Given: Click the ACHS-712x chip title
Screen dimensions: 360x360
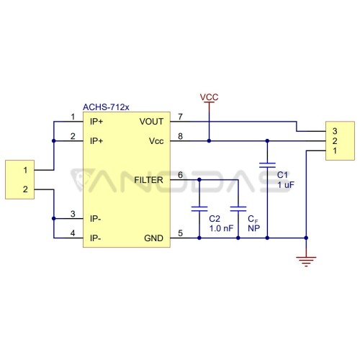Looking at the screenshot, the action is (x=106, y=107).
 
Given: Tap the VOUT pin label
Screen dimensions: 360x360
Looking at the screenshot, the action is (x=151, y=122).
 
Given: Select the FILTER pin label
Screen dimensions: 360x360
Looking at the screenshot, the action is (x=148, y=180).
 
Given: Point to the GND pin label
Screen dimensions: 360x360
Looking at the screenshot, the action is (x=153, y=238).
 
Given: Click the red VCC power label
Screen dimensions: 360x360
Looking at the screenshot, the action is (x=209, y=97).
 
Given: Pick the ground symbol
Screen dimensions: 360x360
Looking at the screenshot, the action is (x=306, y=261).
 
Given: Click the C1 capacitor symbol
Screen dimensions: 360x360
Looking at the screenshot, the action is (x=267, y=165).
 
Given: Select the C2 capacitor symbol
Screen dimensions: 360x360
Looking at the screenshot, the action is (x=199, y=209).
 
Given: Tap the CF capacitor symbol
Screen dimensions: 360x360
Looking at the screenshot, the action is (x=238, y=209).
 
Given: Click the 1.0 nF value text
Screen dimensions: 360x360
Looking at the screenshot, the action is (x=221, y=228).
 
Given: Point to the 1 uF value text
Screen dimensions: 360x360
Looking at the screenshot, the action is (x=286, y=184).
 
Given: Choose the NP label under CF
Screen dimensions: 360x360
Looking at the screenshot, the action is (x=253, y=228).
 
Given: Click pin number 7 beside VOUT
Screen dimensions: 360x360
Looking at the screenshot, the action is (x=180, y=117).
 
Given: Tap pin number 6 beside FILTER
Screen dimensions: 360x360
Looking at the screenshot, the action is (x=180, y=175).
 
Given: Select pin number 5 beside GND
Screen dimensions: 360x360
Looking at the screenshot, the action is (x=180, y=233).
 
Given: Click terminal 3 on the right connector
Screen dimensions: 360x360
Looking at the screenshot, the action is (x=335, y=131).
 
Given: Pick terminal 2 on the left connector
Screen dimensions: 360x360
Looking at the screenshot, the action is (x=25, y=189).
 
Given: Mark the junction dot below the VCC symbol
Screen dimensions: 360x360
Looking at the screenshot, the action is (x=209, y=141).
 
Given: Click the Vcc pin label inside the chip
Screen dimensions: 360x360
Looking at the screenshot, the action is (x=156, y=141).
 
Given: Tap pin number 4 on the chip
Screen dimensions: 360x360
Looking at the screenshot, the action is (x=73, y=233).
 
